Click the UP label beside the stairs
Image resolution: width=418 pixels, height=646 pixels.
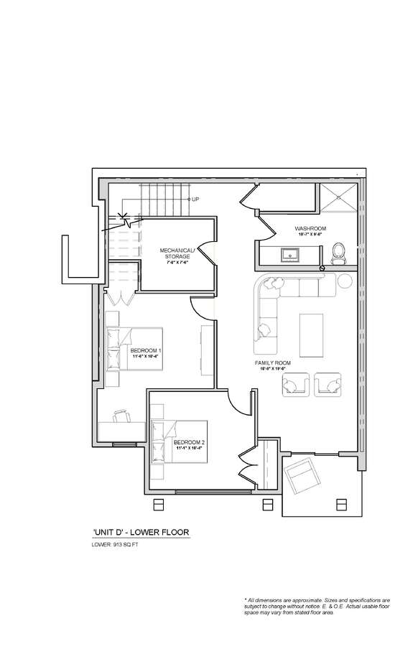tap(195, 199)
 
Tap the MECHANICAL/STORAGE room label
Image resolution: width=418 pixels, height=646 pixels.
tap(175, 254)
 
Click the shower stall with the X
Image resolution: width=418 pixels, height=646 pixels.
tap(338, 200)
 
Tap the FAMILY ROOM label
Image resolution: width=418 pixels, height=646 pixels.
tap(272, 365)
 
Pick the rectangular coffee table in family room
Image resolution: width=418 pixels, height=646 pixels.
tap(311, 333)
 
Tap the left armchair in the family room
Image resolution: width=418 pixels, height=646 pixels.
tap(294, 385)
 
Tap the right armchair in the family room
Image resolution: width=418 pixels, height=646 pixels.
tap(328, 385)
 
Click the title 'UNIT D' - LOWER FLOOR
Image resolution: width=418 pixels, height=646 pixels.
tap(141, 533)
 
